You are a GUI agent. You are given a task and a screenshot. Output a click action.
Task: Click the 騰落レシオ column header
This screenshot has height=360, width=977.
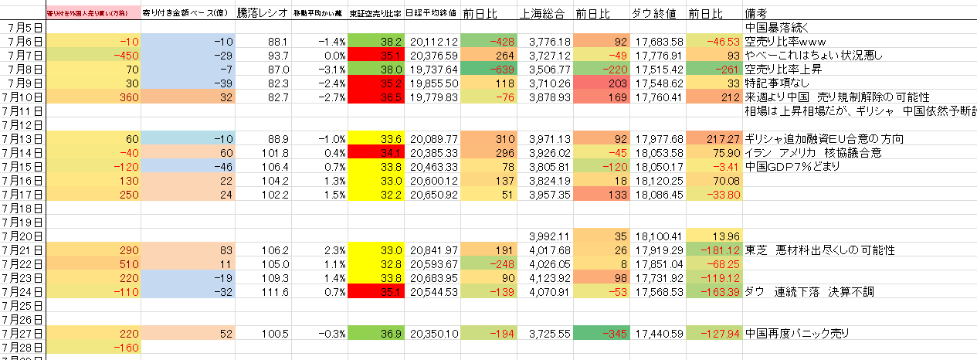click(x=263, y=14)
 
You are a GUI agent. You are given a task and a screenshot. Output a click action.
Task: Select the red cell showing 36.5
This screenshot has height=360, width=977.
click(x=377, y=97)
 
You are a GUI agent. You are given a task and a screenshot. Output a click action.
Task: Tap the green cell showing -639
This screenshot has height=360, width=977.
click(x=490, y=70)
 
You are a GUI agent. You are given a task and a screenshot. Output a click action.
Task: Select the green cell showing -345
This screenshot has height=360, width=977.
click(x=602, y=334)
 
